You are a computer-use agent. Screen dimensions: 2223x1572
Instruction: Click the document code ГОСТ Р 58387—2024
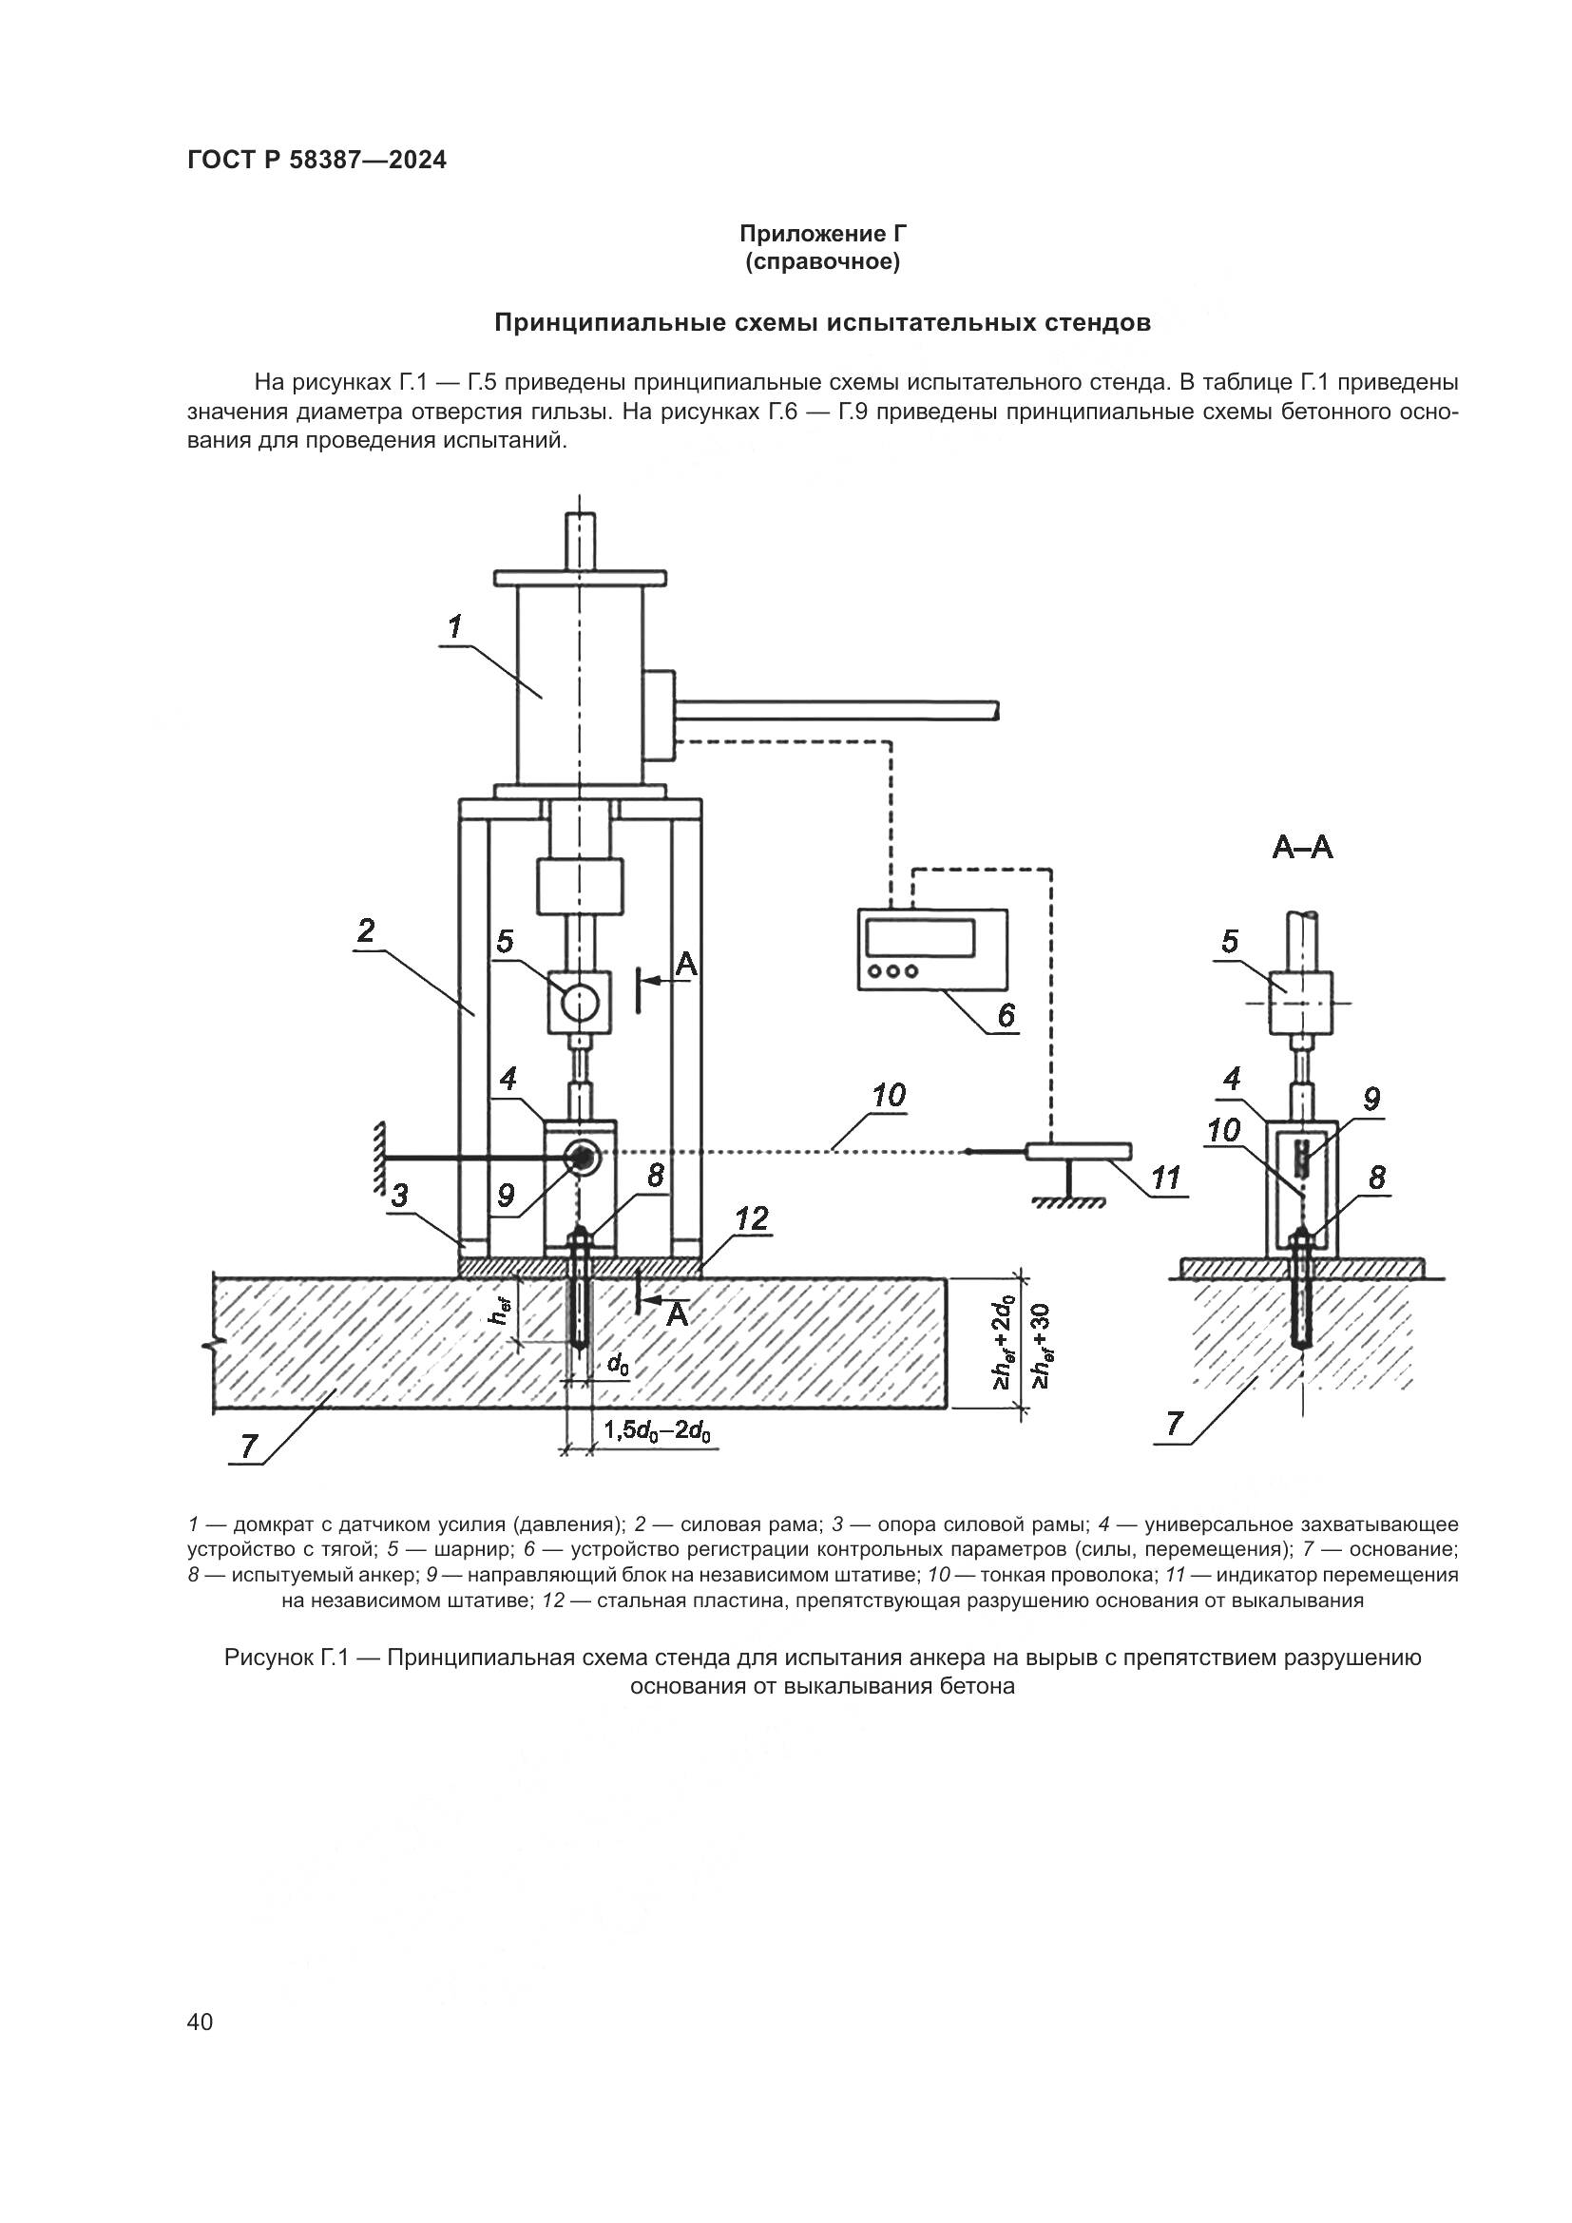316,161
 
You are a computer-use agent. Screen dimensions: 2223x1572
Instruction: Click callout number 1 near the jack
454,627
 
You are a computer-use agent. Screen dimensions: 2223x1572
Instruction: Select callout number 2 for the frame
366,931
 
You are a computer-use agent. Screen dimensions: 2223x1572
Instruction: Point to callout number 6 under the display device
1006,1016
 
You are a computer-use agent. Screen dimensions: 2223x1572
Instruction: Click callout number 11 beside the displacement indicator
1165,1178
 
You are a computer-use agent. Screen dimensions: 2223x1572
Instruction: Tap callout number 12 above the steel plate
751,1219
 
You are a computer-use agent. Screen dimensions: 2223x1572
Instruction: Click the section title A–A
1302,848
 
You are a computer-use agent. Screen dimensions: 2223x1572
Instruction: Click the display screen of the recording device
920,937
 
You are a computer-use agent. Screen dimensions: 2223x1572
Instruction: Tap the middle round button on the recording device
892,971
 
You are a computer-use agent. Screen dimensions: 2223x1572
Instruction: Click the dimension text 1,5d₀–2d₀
658,1431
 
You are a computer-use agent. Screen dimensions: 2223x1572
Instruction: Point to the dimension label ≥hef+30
1042,1346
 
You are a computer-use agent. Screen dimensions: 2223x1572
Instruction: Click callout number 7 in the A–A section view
1174,1425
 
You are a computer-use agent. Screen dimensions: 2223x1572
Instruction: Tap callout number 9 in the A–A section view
1371,1099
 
